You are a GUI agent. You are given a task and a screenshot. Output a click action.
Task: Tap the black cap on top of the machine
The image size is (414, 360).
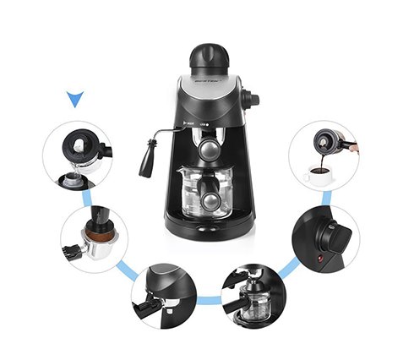(209, 57)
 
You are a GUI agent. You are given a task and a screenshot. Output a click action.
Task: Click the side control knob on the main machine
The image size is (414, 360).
(252, 99)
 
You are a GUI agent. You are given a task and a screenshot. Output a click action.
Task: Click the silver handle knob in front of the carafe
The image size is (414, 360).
(209, 200)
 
